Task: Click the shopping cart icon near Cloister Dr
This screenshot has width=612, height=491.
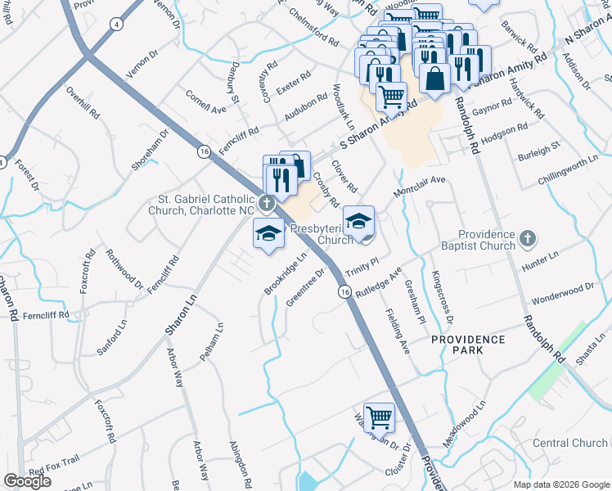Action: [x=380, y=417]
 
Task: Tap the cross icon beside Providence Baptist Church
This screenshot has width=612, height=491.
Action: [x=528, y=239]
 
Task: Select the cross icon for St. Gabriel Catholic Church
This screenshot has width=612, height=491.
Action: [x=265, y=203]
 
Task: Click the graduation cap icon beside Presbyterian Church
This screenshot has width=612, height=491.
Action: [x=358, y=221]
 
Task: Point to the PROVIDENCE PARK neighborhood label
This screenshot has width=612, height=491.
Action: [x=468, y=344]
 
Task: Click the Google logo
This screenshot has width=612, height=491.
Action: [x=27, y=481]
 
